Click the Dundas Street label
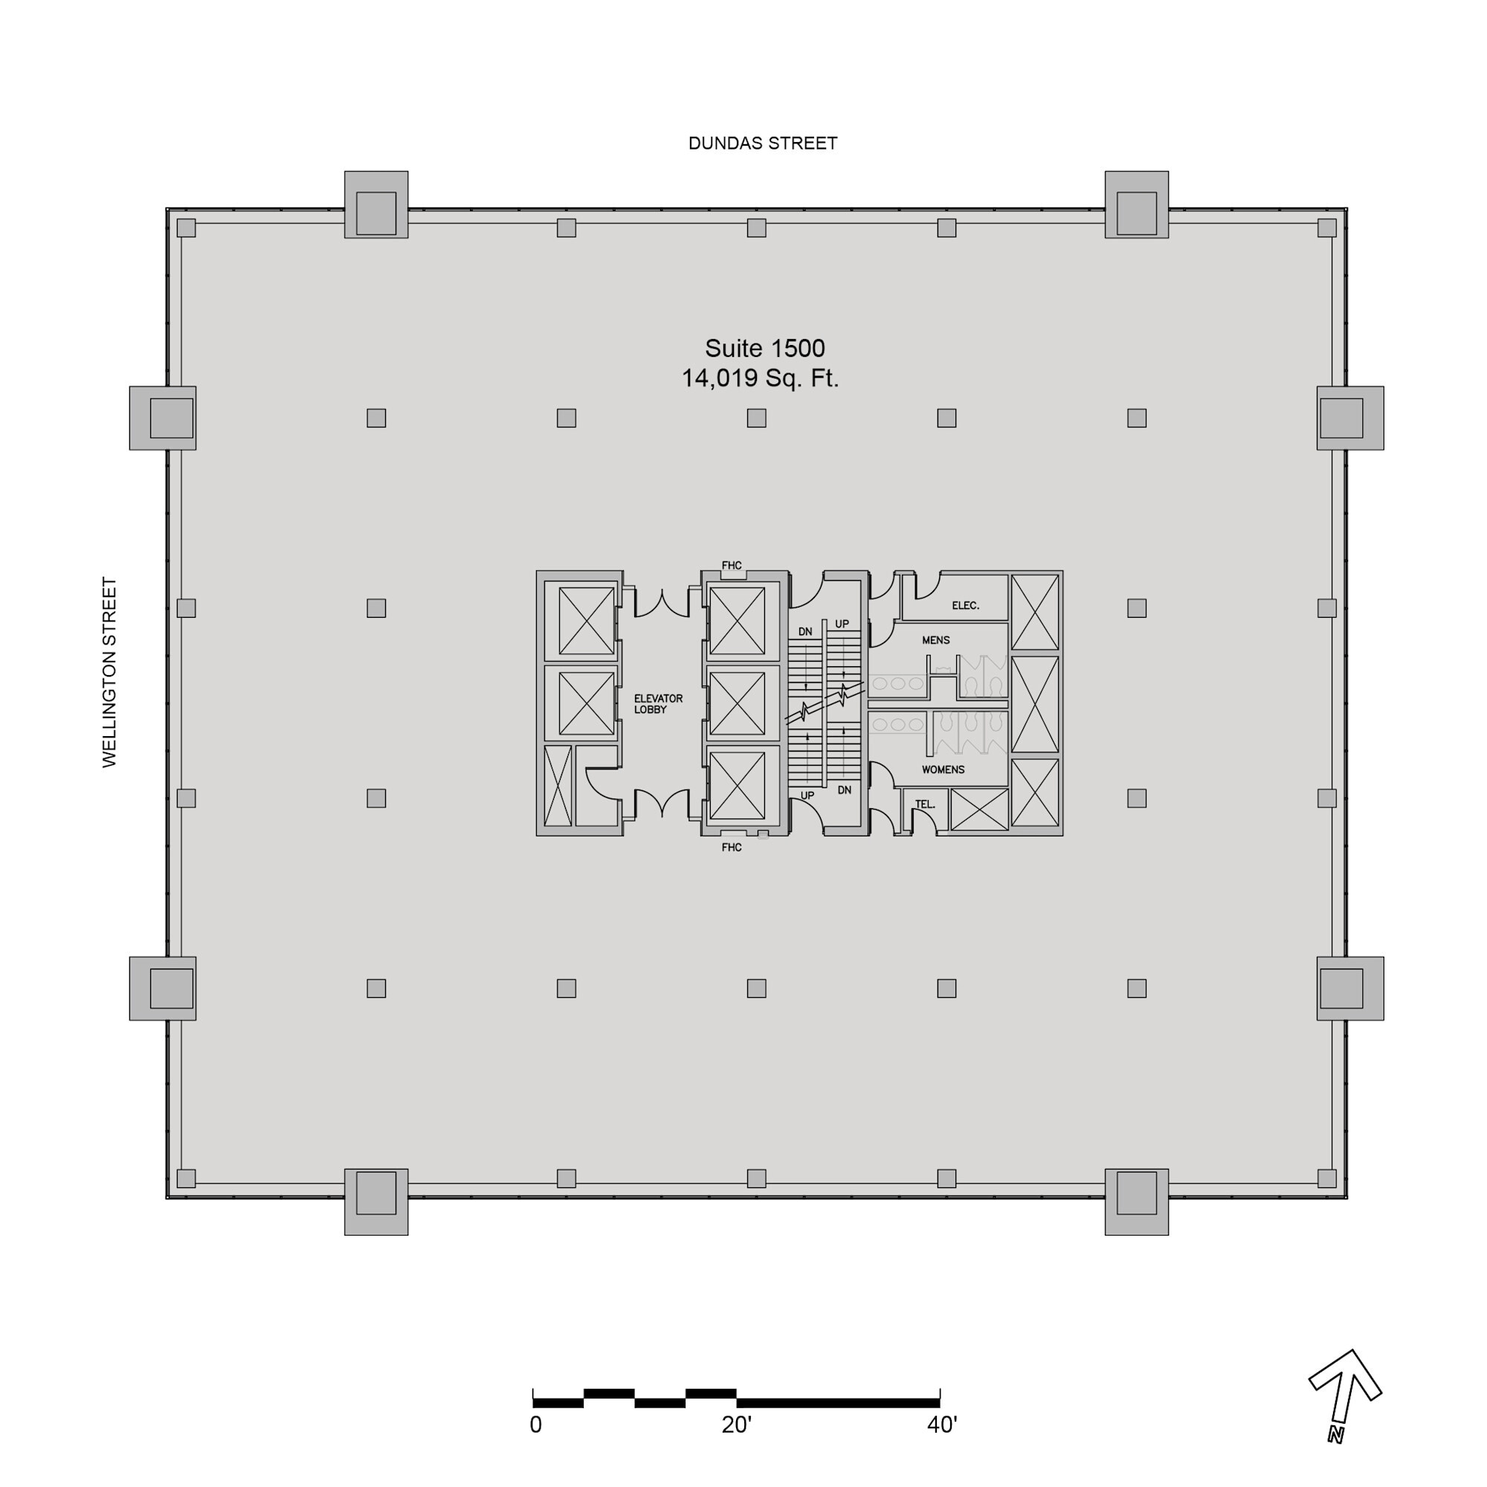pyautogui.click(x=762, y=143)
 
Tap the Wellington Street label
pyautogui.click(x=109, y=672)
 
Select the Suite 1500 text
pyautogui.click(x=764, y=349)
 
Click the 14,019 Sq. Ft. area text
pyautogui.click(x=760, y=378)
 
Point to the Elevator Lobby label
pyautogui.click(x=657, y=703)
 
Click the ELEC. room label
pyautogui.click(x=965, y=606)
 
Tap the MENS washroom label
pyautogui.click(x=935, y=640)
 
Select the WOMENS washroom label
pyautogui.click(x=943, y=770)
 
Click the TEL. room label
pyautogui.click(x=924, y=804)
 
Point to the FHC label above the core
pyautogui.click(x=731, y=566)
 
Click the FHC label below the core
pyautogui.click(x=731, y=848)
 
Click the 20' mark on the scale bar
pyautogui.click(x=736, y=1425)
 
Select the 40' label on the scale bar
pyautogui.click(x=941, y=1425)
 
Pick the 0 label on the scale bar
pyautogui.click(x=535, y=1425)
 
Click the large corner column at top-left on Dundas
pyautogui.click(x=375, y=204)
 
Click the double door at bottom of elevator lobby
pyautogui.click(x=661, y=803)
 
